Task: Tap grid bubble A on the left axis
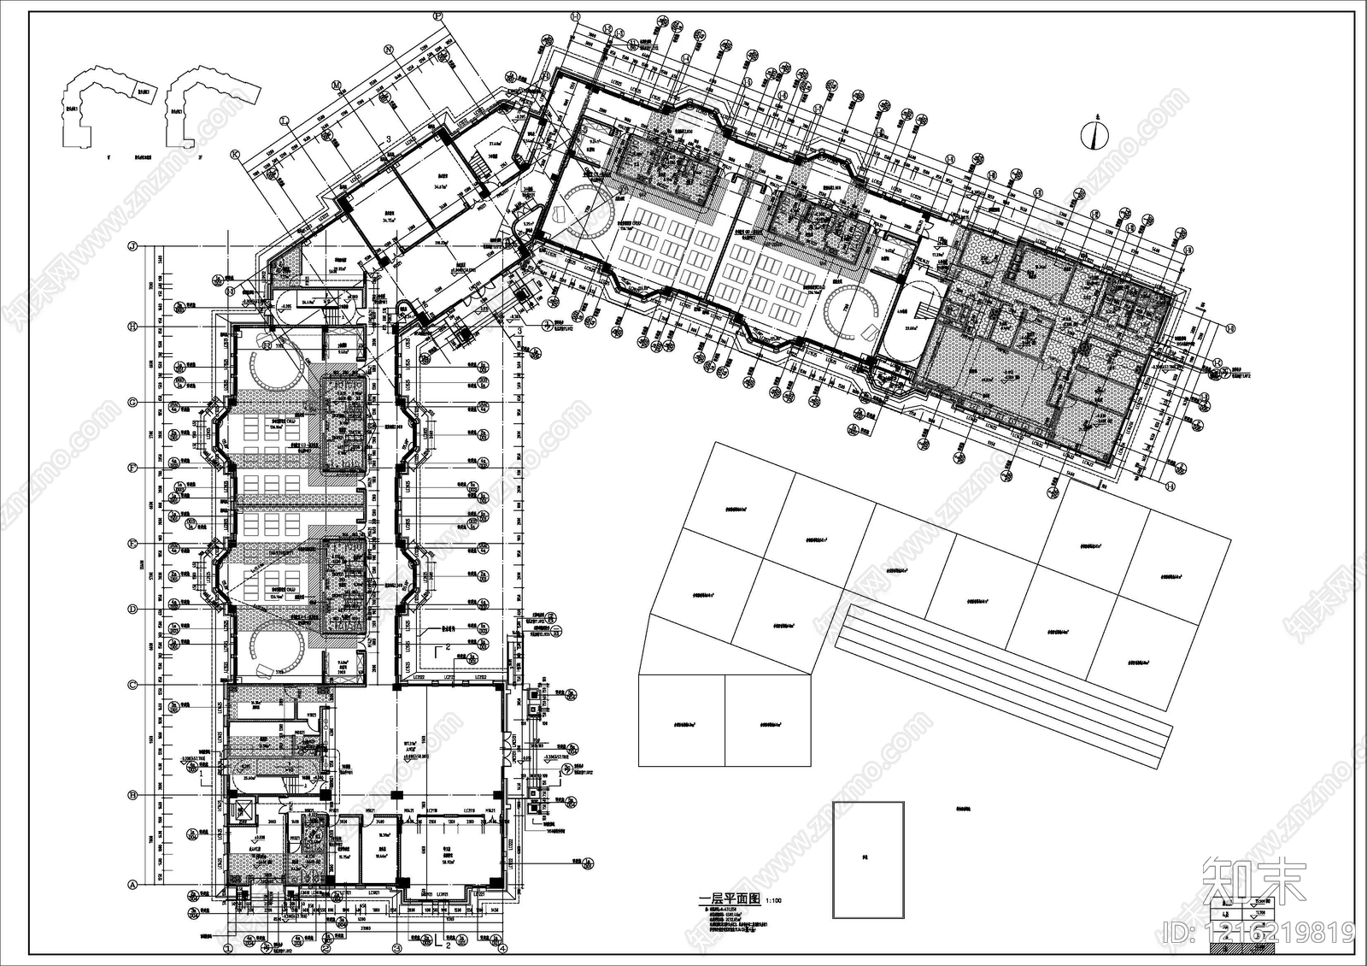pos(132,885)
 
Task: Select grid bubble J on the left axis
pos(132,246)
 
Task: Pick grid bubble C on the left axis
pos(132,685)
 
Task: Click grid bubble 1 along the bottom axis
pos(228,948)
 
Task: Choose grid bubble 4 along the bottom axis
pos(503,948)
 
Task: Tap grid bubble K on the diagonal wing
pos(234,155)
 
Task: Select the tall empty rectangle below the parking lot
pos(868,859)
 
